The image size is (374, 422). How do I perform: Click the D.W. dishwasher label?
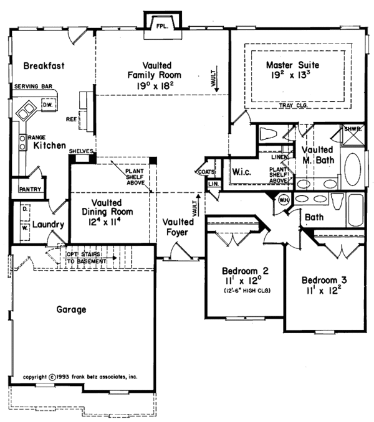click(47, 106)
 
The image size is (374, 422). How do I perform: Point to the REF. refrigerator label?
click(71, 118)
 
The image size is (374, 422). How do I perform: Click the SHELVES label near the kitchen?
click(82, 151)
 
